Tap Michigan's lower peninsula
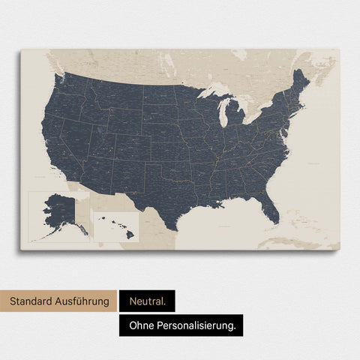tap(235, 115)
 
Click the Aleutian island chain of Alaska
tap(41, 235)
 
